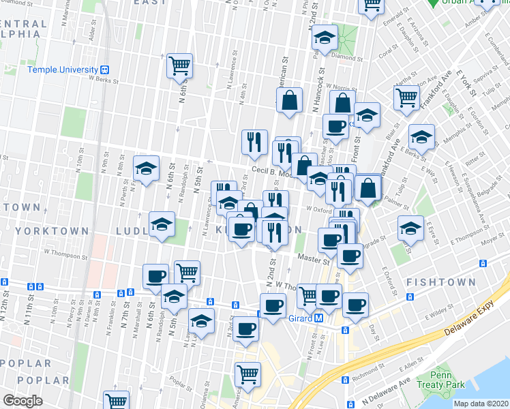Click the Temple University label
63,70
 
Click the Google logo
22,401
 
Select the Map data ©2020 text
481,404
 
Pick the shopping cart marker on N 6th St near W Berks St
180,65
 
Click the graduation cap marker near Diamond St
325,38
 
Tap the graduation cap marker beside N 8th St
146,170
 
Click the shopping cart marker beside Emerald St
372,5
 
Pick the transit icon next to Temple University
105,70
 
